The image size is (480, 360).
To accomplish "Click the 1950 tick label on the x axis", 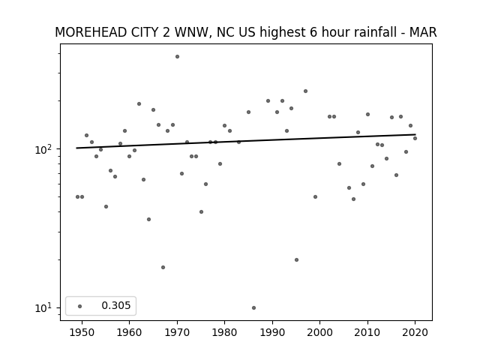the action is click(82, 332).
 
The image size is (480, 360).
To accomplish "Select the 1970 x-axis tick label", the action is click(177, 332).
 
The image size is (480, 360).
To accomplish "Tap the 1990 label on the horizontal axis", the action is click(272, 332).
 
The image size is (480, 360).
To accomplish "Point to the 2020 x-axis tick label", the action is click(415, 332).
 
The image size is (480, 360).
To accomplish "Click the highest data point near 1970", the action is click(177, 57).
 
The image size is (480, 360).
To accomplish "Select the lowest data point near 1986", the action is click(253, 308).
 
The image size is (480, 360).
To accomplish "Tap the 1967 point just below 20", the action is click(163, 267).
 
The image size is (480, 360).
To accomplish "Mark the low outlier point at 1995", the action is click(297, 260).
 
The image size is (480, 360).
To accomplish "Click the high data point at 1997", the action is click(305, 91).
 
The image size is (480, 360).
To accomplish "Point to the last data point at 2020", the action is click(415, 138).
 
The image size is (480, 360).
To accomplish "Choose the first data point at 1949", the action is click(77, 196).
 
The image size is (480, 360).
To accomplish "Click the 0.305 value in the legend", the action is click(116, 305).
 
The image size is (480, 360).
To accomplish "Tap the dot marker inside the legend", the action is click(80, 306).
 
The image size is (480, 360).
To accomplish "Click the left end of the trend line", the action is click(76, 148).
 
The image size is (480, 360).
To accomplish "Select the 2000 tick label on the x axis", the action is click(320, 332).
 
